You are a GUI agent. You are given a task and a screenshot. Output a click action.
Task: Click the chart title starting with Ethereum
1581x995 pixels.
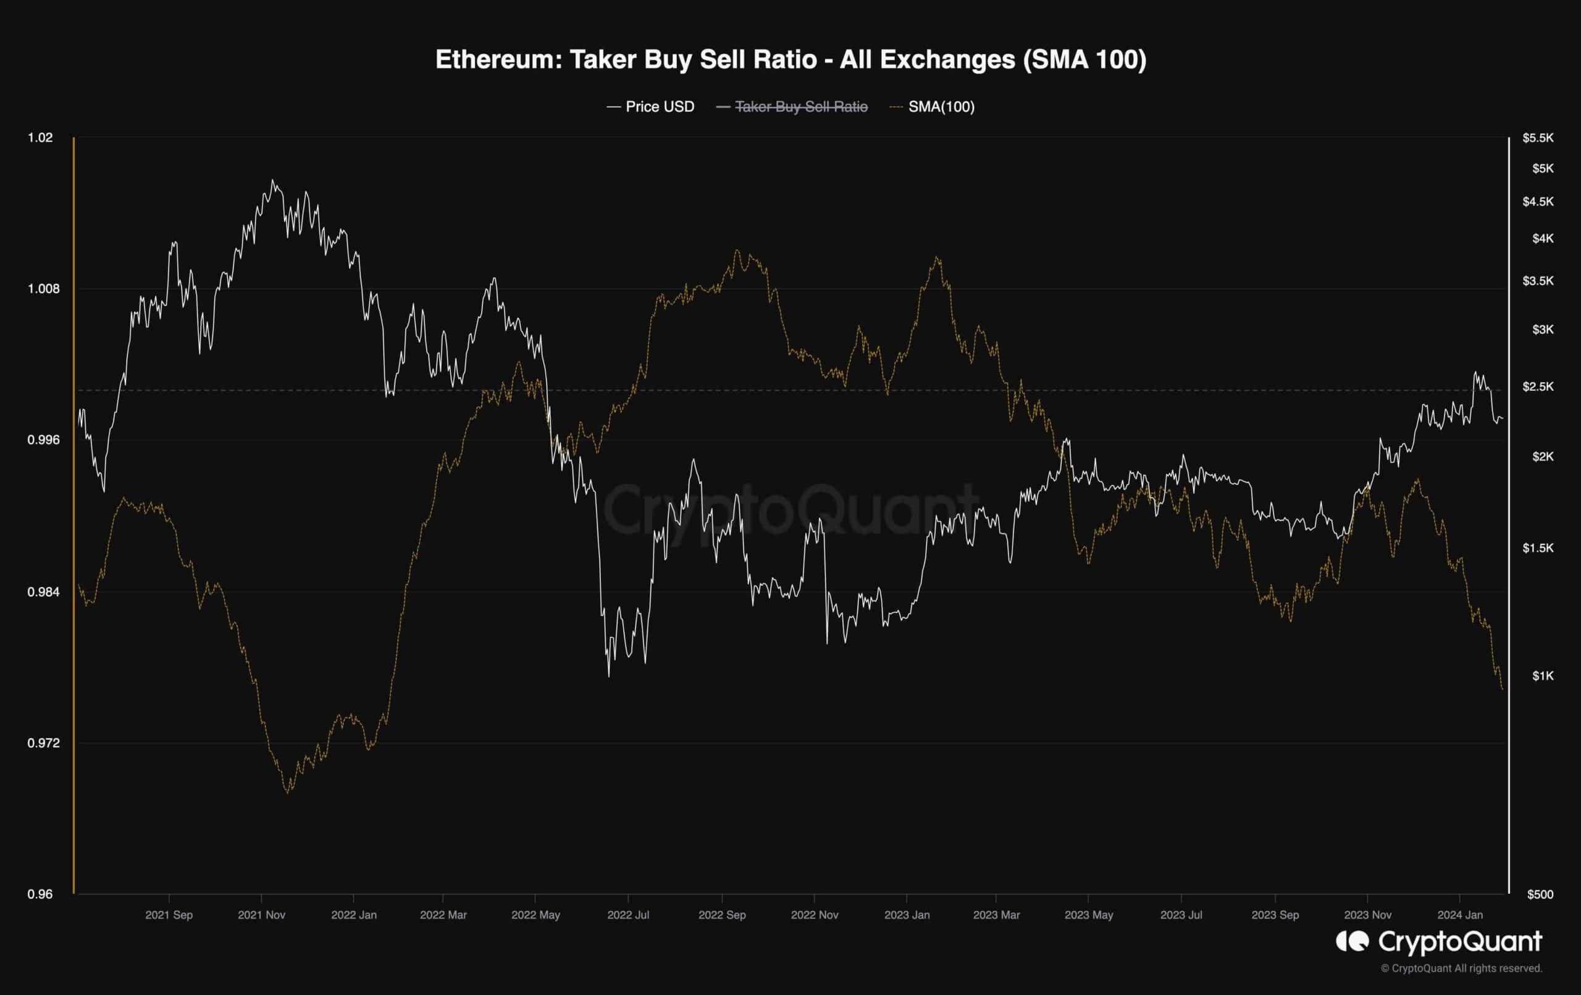click(x=790, y=60)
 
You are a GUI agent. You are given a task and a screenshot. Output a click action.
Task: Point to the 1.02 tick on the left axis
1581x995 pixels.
click(x=40, y=138)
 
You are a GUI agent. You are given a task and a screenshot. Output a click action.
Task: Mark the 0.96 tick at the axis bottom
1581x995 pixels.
click(x=40, y=894)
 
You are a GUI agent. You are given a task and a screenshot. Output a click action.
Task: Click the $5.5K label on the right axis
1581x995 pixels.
click(x=1538, y=138)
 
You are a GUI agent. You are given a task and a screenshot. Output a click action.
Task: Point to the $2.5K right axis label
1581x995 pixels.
click(x=1538, y=386)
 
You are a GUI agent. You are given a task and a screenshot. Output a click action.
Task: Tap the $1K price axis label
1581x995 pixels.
click(x=1542, y=676)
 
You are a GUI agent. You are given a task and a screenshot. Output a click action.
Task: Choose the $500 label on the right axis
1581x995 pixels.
click(x=1540, y=894)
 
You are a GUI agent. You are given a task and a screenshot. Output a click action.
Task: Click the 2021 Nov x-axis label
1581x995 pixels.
click(x=261, y=915)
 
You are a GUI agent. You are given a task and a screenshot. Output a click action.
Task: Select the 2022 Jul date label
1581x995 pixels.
click(x=627, y=915)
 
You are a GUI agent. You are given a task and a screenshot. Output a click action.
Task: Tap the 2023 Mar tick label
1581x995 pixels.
click(x=996, y=915)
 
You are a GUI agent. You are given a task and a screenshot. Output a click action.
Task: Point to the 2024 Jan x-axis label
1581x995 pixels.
click(x=1459, y=915)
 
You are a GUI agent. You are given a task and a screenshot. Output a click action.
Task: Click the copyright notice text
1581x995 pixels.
click(x=1461, y=968)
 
